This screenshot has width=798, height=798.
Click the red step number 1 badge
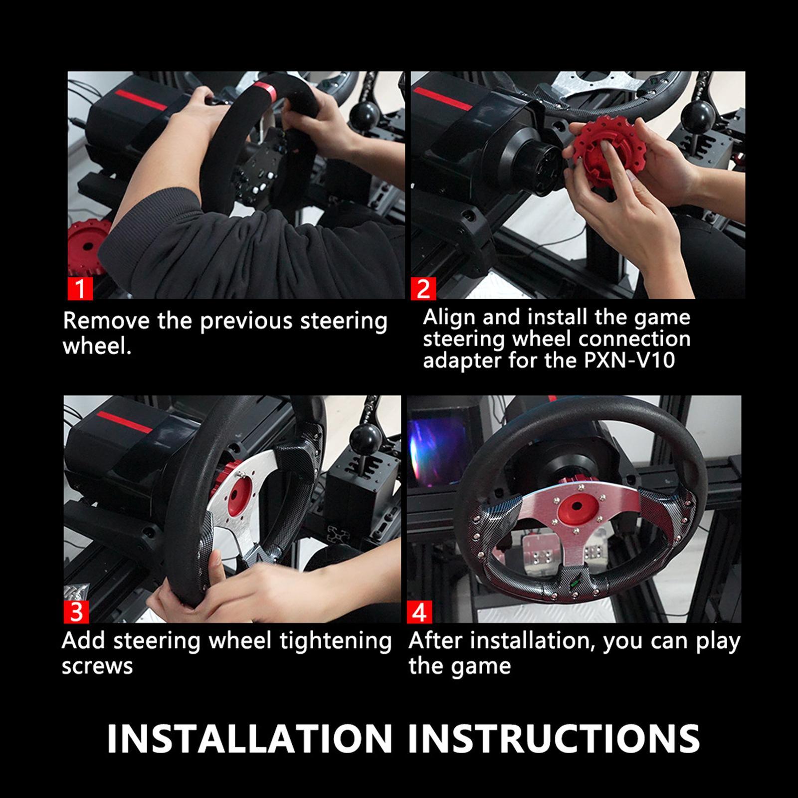pos(80,289)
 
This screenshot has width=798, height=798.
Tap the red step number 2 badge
pos(423,289)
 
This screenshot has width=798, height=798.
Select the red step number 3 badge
pos(76,612)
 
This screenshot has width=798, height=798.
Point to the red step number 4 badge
pos(419,612)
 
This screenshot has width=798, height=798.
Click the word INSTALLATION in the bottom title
pos(249,738)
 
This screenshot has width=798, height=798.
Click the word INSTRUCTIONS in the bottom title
pos(554,738)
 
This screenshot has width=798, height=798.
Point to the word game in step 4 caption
pos(486,666)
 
